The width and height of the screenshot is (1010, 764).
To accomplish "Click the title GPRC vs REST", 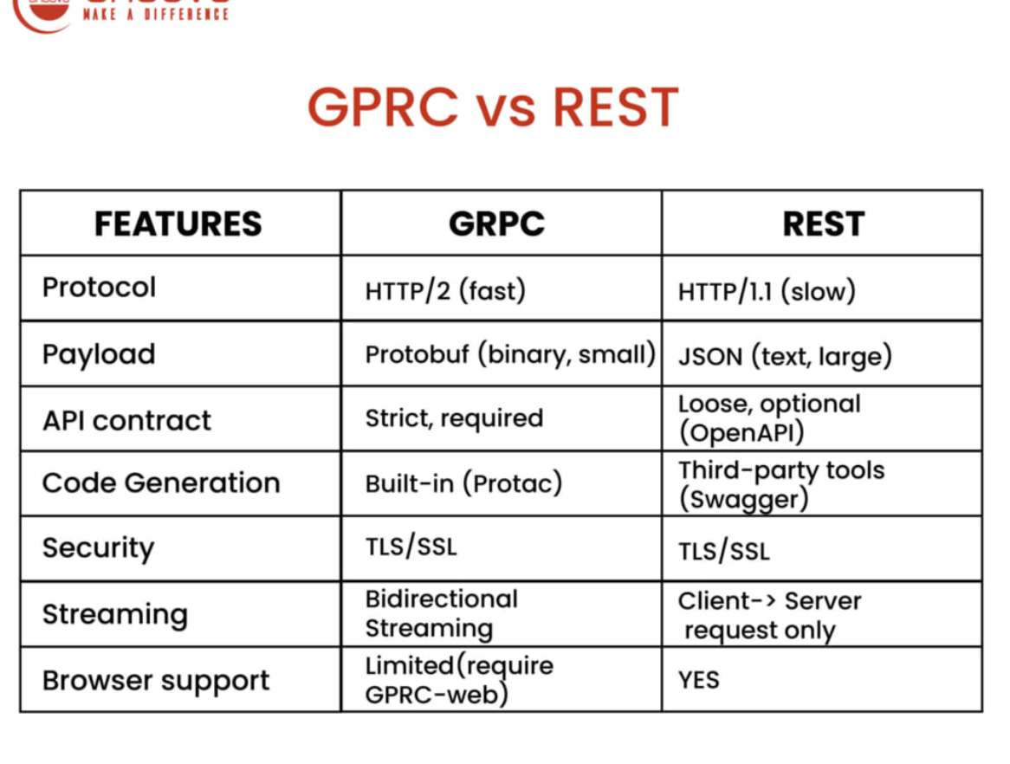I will point(492,108).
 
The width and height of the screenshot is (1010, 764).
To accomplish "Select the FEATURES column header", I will point(178,223).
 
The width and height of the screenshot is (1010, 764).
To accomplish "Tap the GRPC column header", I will point(496,223).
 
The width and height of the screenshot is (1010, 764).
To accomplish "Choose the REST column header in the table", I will point(823,223).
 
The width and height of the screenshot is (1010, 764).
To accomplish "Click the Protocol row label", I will point(99,287).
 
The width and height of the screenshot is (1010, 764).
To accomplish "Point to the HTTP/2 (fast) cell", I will point(445,290).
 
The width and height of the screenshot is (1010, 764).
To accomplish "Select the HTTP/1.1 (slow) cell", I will point(767,291).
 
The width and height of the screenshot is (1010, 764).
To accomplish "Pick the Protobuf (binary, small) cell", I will point(509,355).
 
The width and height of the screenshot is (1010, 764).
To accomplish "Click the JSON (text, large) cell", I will point(785,356).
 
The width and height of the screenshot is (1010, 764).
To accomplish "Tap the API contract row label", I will point(126,420).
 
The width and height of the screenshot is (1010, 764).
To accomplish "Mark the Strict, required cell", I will point(454,418).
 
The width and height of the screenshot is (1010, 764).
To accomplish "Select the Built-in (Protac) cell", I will point(463,483).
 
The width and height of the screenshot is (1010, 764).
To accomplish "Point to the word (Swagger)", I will point(743,499).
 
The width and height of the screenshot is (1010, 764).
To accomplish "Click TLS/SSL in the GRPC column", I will point(411,547).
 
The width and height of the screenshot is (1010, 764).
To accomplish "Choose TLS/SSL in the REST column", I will point(723,550).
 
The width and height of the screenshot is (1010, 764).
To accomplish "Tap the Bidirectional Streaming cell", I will point(441,613).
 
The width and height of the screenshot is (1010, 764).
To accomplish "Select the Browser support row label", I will point(156,680).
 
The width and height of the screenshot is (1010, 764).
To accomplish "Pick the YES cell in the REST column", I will point(698,680).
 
